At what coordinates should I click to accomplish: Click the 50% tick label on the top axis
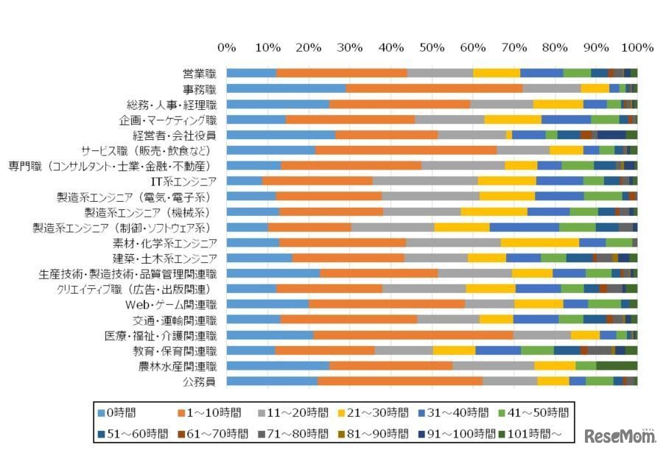(x=432, y=48)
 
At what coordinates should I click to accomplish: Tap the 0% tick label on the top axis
(x=227, y=48)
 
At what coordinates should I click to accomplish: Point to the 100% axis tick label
(x=637, y=48)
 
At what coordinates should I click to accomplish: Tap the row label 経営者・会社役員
(x=174, y=135)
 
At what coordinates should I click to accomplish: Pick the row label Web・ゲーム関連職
(x=171, y=304)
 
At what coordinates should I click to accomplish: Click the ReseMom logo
(x=620, y=436)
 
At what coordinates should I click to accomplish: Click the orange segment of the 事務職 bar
(x=434, y=88)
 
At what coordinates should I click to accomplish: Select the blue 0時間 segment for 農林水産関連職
(x=278, y=365)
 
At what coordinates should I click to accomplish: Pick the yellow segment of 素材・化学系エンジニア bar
(x=540, y=242)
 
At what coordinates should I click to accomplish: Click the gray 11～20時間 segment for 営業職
(x=440, y=73)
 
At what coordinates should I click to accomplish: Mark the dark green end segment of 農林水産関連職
(x=617, y=365)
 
